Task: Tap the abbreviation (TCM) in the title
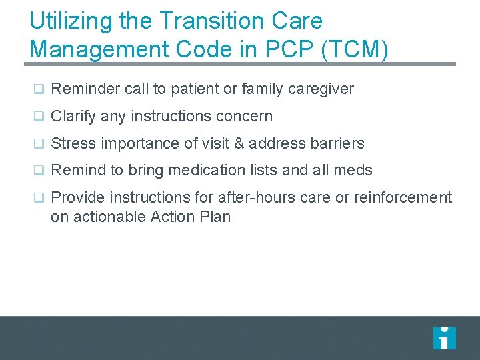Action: (x=355, y=50)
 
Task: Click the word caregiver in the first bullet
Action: (x=321, y=89)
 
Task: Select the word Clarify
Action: (x=73, y=116)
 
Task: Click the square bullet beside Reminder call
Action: (x=39, y=89)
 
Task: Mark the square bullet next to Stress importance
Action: (x=39, y=144)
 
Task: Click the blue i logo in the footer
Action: (x=444, y=338)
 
